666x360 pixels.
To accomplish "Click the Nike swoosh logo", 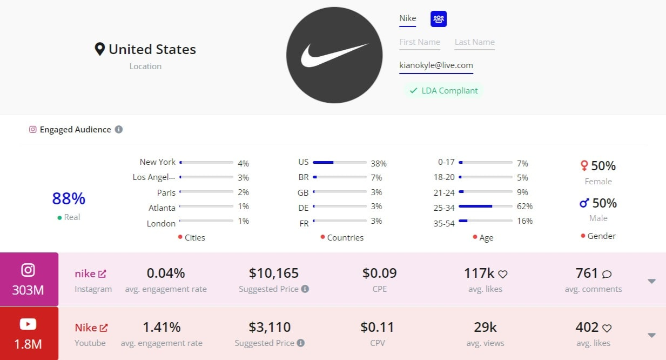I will click(x=334, y=55).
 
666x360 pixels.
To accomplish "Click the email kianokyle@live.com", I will click(x=436, y=65).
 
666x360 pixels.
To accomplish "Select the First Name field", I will click(x=420, y=42).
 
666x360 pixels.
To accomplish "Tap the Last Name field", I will click(x=474, y=42).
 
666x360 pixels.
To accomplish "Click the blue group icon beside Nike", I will click(x=439, y=19).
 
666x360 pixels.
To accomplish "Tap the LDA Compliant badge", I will click(x=443, y=91).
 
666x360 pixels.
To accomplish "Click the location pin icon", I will click(x=99, y=50).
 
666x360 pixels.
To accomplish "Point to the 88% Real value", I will click(x=69, y=199).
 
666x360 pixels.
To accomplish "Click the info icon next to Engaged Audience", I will click(x=119, y=130).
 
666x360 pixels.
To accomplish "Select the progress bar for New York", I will click(x=206, y=162).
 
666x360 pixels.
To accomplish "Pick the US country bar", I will click(x=340, y=162).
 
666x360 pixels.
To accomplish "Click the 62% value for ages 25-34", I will click(x=524, y=206).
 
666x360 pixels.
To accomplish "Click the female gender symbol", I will click(x=584, y=165).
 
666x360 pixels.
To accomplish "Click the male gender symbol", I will click(x=584, y=203).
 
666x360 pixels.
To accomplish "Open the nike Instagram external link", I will click(x=102, y=274).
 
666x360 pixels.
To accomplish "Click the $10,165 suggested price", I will click(x=274, y=273).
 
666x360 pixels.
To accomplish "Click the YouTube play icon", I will click(x=28, y=324).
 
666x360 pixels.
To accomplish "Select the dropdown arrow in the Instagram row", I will click(x=651, y=281).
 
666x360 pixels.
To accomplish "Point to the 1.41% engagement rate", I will click(x=162, y=327).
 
